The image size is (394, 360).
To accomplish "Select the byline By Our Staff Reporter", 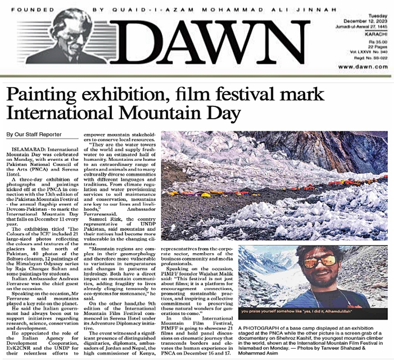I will click(x=34, y=135).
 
